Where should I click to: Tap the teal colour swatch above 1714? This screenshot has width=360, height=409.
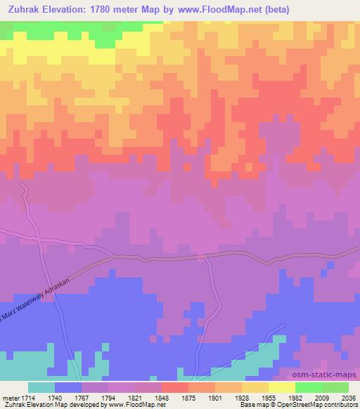(41, 387)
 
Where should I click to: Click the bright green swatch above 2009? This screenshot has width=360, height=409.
(309, 387)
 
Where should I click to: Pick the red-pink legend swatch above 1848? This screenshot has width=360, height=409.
(175, 387)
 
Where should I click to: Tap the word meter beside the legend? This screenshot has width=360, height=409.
(11, 397)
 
